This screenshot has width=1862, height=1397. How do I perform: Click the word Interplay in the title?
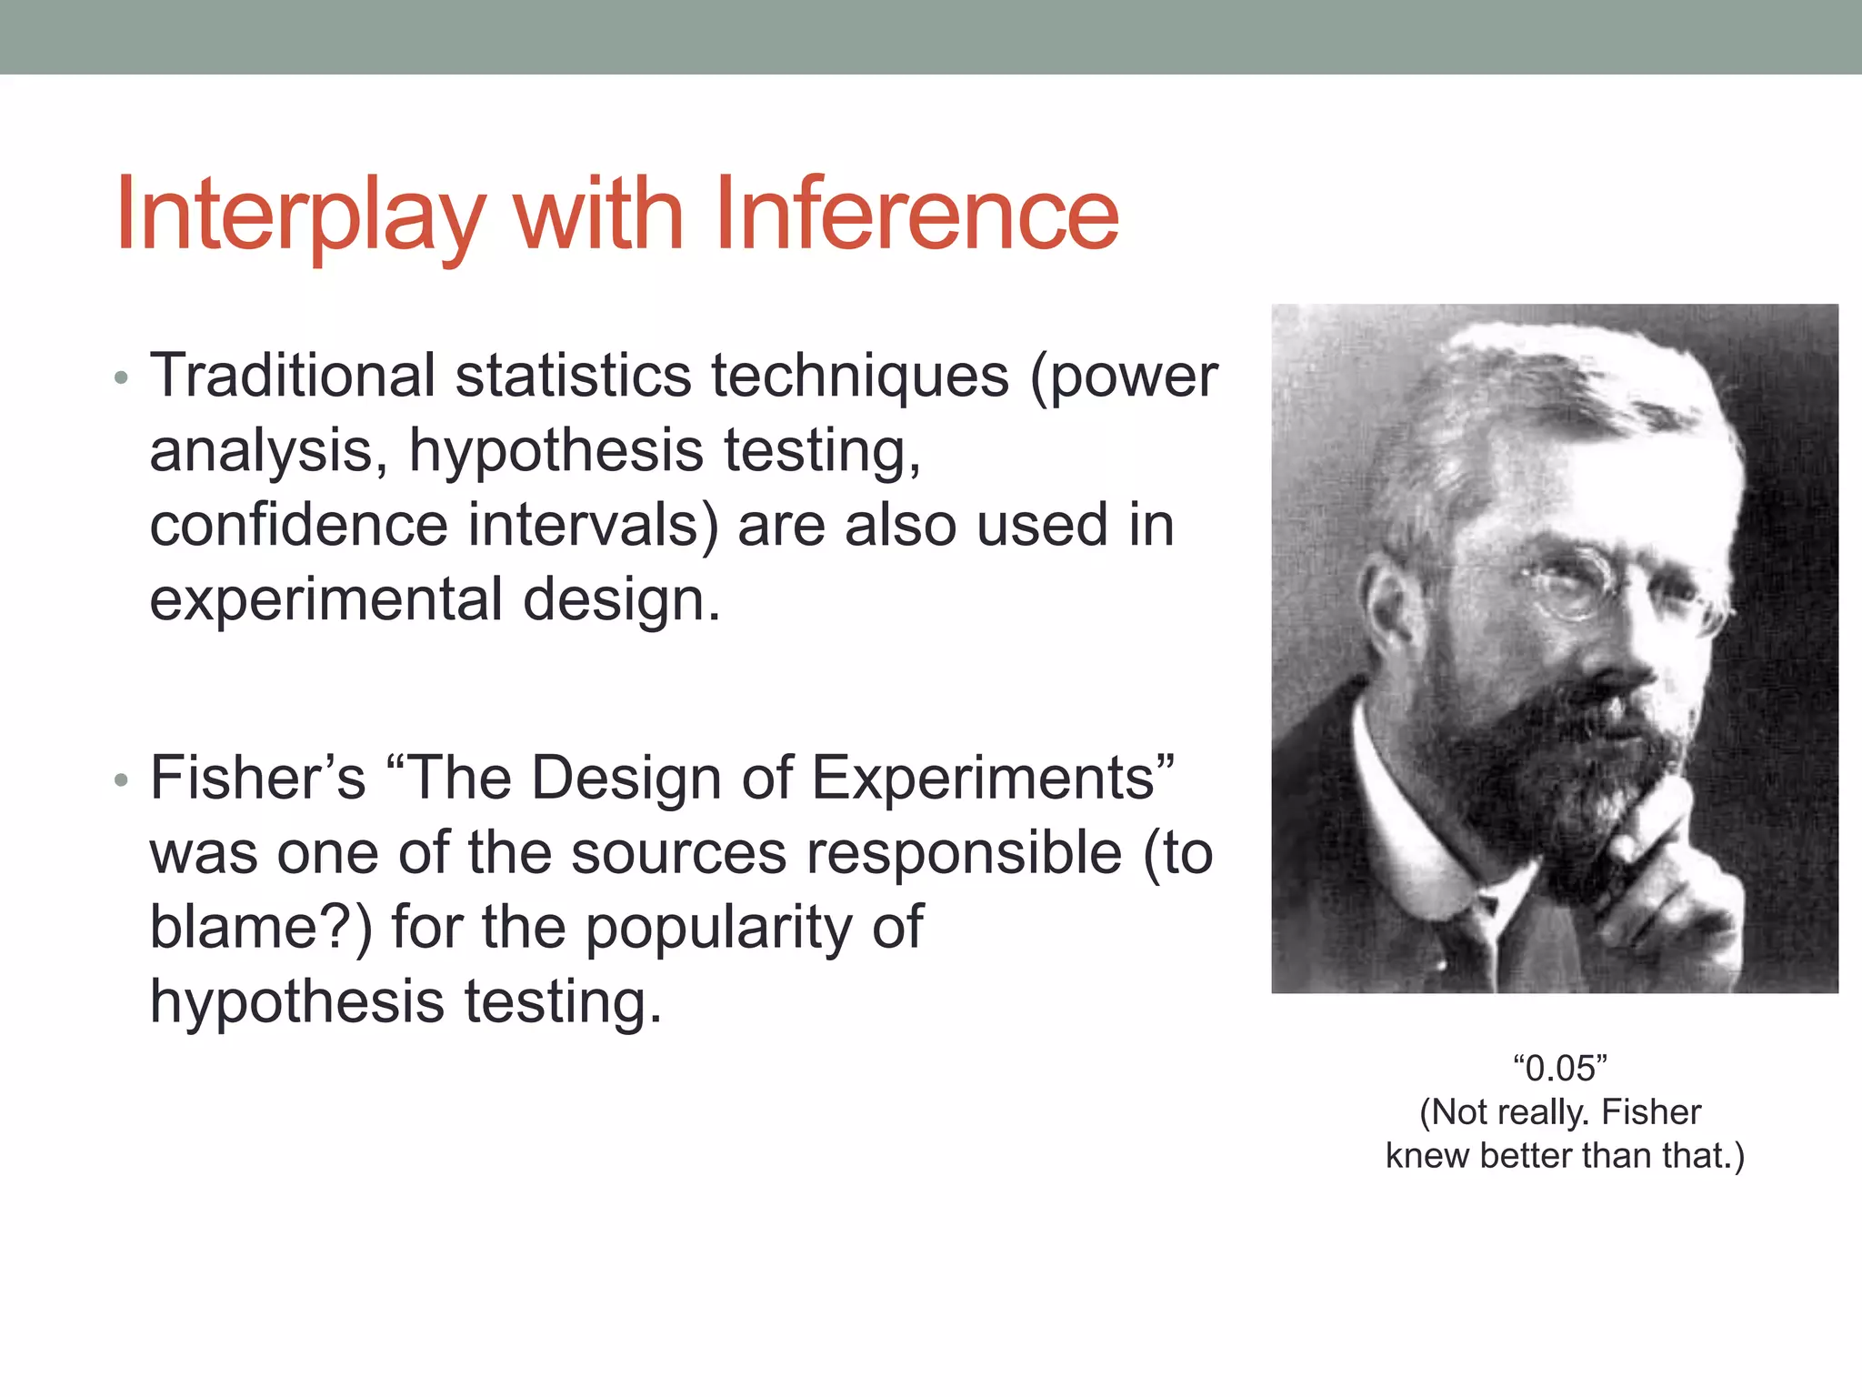pos(300,216)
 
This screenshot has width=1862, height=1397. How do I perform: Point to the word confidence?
pos(298,526)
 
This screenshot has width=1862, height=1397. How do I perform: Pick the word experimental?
pos(325,600)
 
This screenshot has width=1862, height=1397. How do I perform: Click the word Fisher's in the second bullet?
pos(257,779)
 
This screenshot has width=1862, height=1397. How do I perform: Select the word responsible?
pos(964,853)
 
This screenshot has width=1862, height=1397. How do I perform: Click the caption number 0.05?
pos(1560,1069)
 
